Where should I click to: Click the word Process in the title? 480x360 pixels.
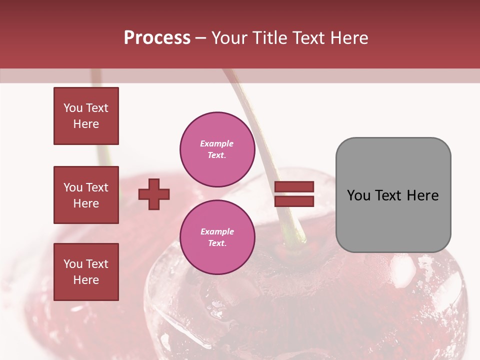[157, 38]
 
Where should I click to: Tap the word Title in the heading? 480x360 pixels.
[270, 38]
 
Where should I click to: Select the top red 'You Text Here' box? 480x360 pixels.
[86, 116]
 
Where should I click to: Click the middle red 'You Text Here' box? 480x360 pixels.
[86, 195]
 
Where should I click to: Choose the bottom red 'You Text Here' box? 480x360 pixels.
[86, 272]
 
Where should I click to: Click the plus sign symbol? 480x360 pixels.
[154, 194]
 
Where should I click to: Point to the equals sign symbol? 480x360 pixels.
[294, 194]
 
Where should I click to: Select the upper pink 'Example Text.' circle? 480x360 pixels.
[217, 149]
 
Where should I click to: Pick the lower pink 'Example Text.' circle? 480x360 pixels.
[217, 237]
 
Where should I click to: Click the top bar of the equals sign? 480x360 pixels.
[294, 187]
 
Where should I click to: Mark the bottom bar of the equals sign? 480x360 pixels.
[294, 201]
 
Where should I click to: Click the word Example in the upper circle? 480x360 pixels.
[216, 144]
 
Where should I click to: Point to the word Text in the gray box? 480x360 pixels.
[388, 195]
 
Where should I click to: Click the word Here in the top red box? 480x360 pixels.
[86, 124]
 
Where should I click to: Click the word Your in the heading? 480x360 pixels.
[230, 38]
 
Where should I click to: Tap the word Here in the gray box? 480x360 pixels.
[422, 195]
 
